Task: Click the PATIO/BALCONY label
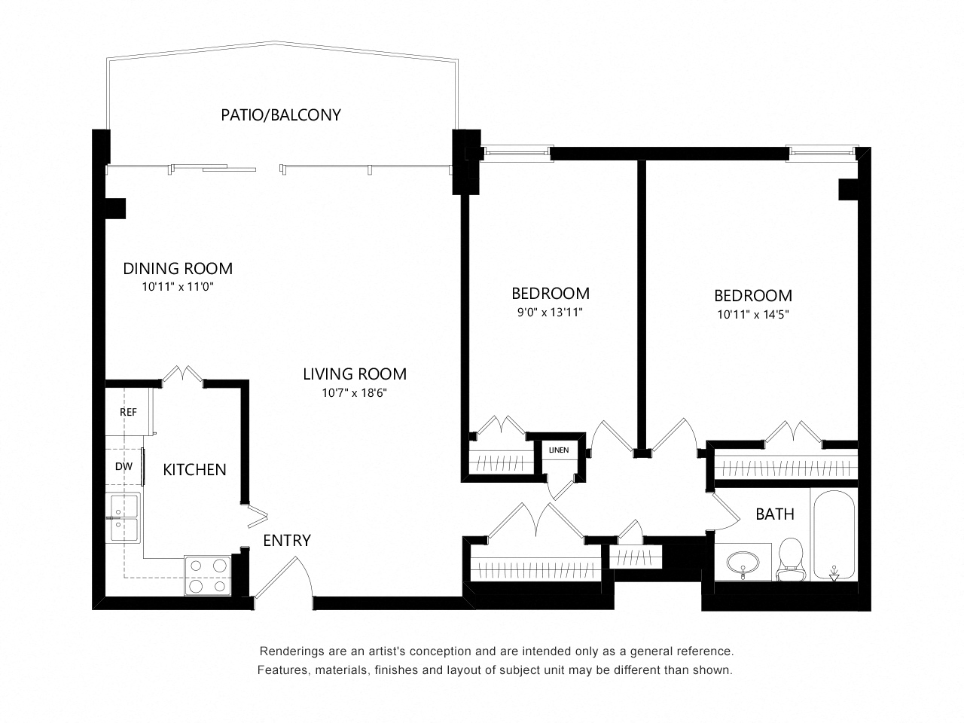coord(281,115)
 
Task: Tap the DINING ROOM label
coord(178,268)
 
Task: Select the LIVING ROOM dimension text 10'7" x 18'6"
coord(354,392)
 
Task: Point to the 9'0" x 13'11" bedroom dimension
coord(550,312)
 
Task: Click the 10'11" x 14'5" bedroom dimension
coord(753,314)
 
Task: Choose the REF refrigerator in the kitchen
coord(128,412)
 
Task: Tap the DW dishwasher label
coord(124,467)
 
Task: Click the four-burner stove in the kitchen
coord(208,575)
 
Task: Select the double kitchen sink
coord(123,517)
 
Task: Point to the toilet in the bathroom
coord(790,560)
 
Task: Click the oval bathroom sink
coord(743,562)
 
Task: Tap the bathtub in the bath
coord(834,535)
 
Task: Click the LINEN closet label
coord(559,450)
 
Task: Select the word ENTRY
coord(287,541)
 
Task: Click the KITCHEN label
coord(194,470)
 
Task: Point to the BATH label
coord(775,514)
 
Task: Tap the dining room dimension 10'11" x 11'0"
coord(178,287)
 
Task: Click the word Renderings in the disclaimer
coord(287,651)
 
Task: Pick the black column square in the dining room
coord(116,209)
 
